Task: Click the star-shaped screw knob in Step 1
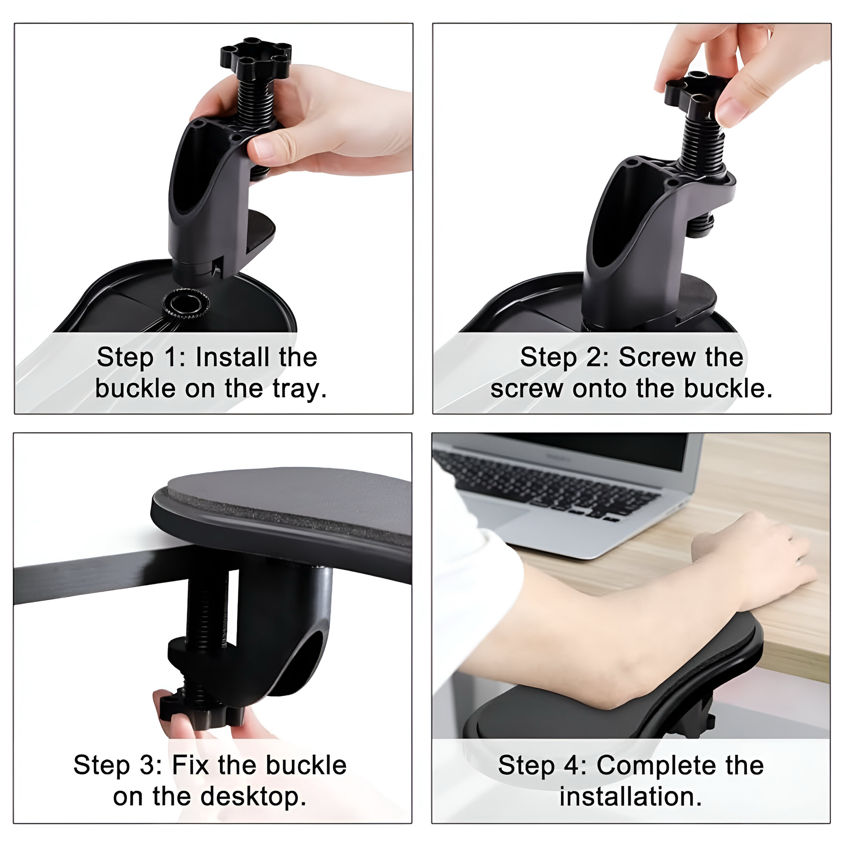tap(255, 56)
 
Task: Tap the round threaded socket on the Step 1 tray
tap(185, 303)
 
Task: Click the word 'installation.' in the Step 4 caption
tap(630, 797)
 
